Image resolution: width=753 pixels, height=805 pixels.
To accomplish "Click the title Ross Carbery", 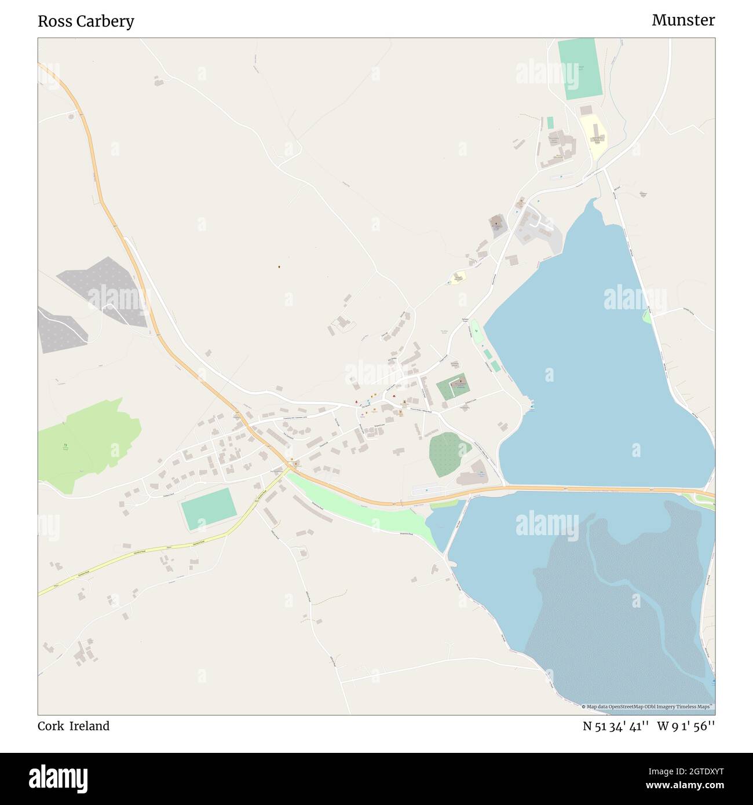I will coord(86,21).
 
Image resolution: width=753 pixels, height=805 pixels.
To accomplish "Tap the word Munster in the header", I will coord(683,20).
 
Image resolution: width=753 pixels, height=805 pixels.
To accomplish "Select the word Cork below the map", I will coord(50,726).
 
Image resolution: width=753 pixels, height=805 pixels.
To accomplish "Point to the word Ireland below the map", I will coord(90,726).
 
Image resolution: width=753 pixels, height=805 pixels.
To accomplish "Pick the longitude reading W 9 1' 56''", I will coord(686,726).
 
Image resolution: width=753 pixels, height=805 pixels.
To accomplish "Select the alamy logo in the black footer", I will coord(58,777).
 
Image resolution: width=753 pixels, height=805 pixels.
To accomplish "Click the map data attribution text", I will coord(648,707).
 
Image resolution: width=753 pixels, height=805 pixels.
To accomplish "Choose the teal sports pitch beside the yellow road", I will coord(209,508).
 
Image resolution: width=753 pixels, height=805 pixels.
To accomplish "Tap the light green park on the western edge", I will coord(87,443).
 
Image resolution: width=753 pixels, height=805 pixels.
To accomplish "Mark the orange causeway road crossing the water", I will coord(579,489).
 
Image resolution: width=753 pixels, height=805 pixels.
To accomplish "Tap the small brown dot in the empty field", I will coord(279,267).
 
